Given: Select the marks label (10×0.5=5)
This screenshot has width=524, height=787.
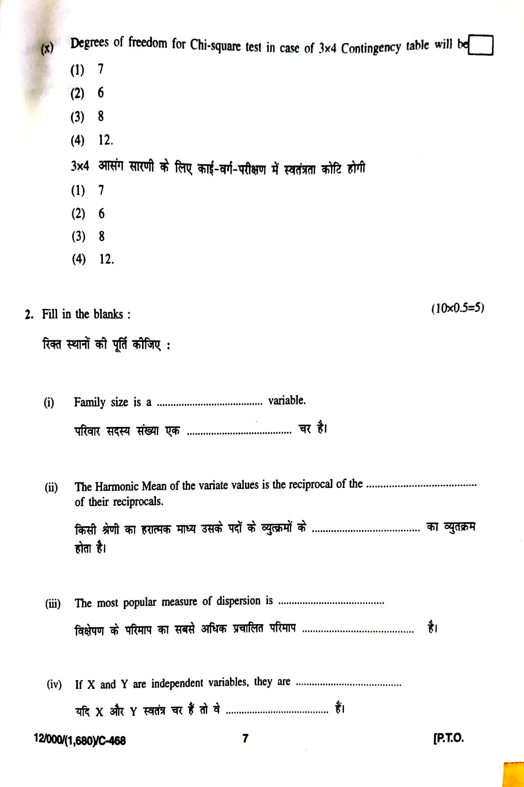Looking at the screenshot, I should coord(457,308).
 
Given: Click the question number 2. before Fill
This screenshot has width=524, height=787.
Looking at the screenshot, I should coord(29,315).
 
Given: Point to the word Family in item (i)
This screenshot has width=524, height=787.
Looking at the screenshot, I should coord(90,402).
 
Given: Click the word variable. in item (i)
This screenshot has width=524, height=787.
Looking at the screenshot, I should coord(287,400).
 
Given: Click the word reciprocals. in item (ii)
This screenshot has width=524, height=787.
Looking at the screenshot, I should coord(138,502).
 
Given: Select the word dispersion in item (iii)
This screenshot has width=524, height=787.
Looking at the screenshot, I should coord(238,601).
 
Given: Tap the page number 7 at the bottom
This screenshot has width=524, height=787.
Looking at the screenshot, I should coord(245,738).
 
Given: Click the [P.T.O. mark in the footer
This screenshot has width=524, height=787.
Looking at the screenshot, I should coord(448,738).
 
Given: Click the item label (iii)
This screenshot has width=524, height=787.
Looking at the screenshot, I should coord(53,604).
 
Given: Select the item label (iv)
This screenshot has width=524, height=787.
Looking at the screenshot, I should coord(54,684).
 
